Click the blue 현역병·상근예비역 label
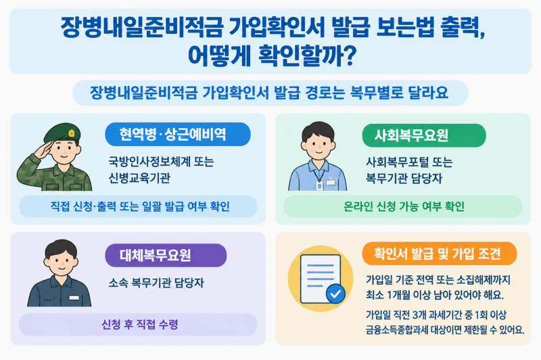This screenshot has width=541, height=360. (178, 134)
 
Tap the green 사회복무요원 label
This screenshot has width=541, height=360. (424, 135)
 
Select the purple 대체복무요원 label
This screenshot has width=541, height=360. (166, 255)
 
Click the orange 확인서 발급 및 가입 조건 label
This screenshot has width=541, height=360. (439, 254)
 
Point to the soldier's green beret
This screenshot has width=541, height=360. (63, 131)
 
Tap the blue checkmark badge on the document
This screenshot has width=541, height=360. (335, 294)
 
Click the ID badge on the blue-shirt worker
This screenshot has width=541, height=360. (319, 186)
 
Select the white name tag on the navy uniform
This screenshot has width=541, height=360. (74, 298)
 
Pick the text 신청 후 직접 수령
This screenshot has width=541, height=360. (140, 324)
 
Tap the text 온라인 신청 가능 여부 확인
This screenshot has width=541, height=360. (404, 206)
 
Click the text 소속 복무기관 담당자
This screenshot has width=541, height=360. (156, 283)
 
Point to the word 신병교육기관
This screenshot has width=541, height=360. (139, 178)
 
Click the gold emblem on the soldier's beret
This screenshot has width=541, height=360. (72, 133)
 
